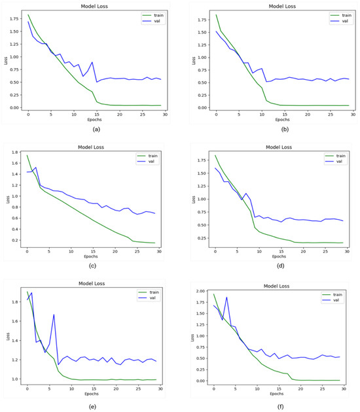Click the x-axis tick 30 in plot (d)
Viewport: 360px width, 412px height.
click(x=346, y=251)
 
